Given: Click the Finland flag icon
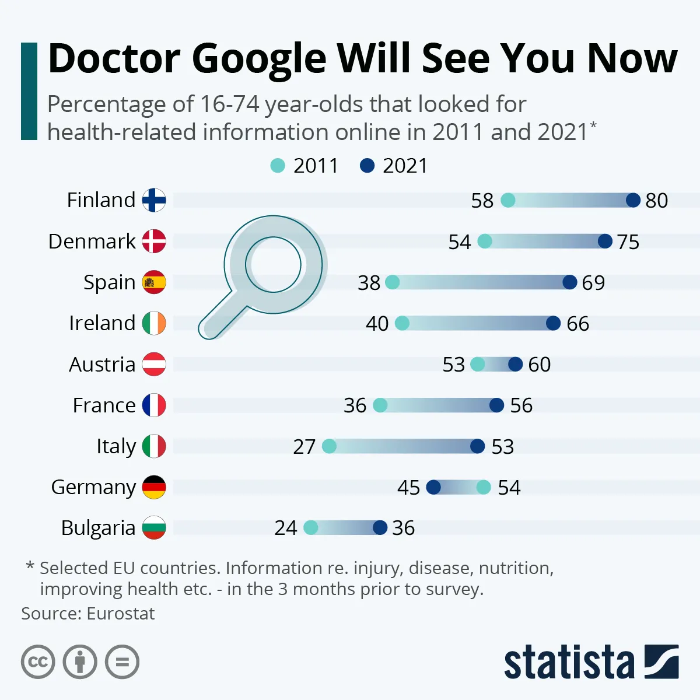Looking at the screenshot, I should (x=154, y=200).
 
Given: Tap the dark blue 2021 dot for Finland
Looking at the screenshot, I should (x=633, y=200).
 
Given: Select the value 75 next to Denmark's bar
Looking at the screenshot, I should (x=628, y=242).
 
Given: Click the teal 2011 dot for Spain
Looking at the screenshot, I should (x=393, y=282).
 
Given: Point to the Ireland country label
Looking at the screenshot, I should (x=102, y=323).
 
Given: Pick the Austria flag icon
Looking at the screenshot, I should (x=154, y=364).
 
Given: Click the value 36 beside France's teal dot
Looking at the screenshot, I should (x=355, y=405).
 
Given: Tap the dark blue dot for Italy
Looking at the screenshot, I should (x=477, y=446).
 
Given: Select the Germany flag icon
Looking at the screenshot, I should (x=154, y=487).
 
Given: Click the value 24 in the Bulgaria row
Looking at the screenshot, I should (x=286, y=528).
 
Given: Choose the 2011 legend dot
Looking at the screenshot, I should (x=278, y=166).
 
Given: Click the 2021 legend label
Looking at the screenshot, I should (x=405, y=166).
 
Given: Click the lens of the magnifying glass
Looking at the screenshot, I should (x=273, y=264).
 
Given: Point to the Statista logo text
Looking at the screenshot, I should (x=569, y=663).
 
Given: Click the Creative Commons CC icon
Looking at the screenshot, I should (x=38, y=662).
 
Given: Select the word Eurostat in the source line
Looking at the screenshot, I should (x=121, y=614).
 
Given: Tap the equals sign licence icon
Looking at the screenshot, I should (x=122, y=662).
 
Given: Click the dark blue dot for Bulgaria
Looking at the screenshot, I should (x=380, y=528).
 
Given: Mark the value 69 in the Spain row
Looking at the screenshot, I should (x=593, y=283).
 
